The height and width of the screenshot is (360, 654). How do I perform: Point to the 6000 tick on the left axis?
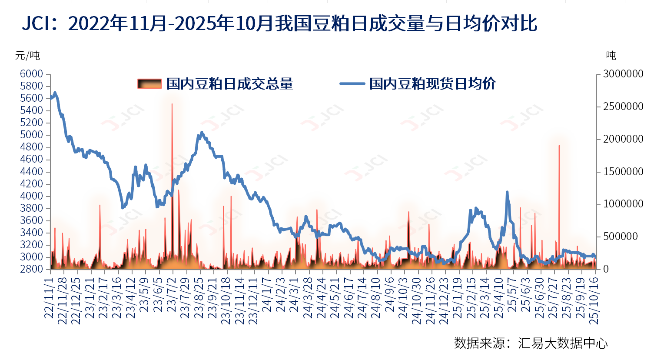click(x=31, y=74)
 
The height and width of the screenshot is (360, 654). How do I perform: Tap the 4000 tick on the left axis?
click(x=31, y=196)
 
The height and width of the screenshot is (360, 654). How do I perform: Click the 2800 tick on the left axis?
click(x=31, y=269)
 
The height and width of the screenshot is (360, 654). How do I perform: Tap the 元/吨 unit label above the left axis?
click(x=27, y=56)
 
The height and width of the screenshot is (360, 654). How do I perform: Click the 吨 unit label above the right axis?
click(x=611, y=56)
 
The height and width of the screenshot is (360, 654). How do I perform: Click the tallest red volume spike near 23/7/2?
click(x=172, y=104)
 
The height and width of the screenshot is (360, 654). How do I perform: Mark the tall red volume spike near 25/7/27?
click(x=559, y=146)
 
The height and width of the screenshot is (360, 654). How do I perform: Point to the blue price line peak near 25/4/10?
click(x=507, y=192)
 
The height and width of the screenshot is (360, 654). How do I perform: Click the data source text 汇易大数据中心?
click(x=563, y=343)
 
